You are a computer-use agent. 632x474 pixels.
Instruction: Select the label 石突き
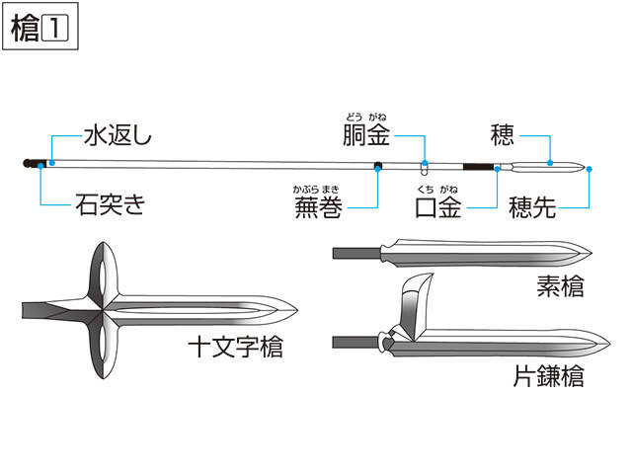coord(110,204)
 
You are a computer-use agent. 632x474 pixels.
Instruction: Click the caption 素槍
coord(560,285)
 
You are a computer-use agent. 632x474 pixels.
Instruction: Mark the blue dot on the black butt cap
coord(40,166)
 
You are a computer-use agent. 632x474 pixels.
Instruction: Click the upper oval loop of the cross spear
coord(103,268)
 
